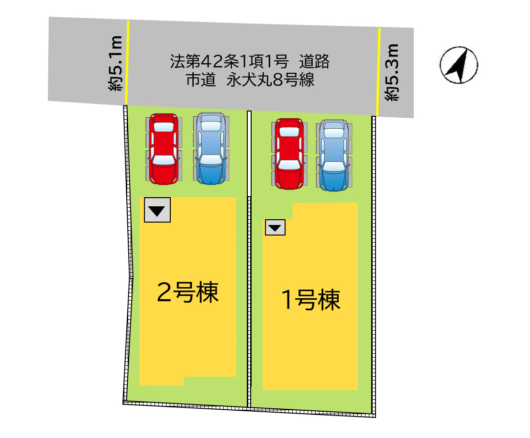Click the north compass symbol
click(x=459, y=65)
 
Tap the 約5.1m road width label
click(x=115, y=63)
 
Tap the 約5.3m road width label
click(x=392, y=72)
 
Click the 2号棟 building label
click(x=188, y=292)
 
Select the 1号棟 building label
click(x=311, y=300)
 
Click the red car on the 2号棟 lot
click(x=164, y=149)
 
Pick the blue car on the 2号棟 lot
click(x=211, y=148)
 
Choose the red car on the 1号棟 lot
click(x=289, y=154)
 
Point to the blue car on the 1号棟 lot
click(x=334, y=155)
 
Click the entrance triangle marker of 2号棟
click(x=157, y=210)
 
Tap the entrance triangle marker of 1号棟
click(x=275, y=227)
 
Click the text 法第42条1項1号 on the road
click(x=229, y=61)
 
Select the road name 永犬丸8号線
click(x=270, y=80)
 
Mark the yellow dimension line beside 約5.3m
click(x=378, y=72)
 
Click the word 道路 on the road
click(x=314, y=62)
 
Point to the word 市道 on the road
click(x=201, y=80)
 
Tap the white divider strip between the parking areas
click(x=249, y=154)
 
